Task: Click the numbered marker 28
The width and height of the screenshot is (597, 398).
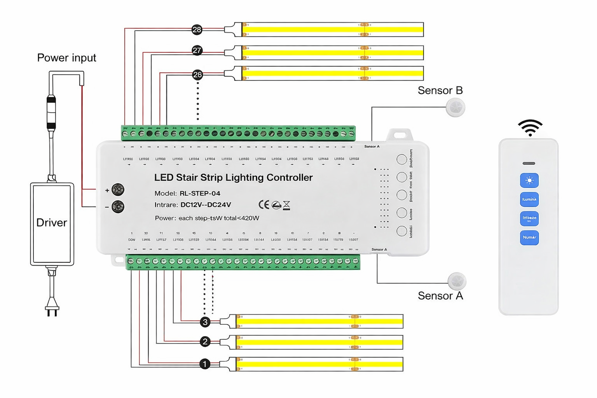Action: (x=197, y=30)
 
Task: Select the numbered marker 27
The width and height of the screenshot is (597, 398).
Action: (x=197, y=51)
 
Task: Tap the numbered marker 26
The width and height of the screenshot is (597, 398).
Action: (x=197, y=75)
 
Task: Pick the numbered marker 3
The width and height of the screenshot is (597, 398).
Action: (x=205, y=322)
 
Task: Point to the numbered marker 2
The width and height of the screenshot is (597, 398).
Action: (x=205, y=342)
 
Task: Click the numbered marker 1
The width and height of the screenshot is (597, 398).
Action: (x=205, y=364)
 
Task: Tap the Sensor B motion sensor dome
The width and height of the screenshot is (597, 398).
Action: (x=455, y=107)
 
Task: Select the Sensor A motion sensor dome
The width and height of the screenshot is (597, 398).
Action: (x=457, y=281)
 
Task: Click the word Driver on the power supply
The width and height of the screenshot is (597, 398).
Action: (x=52, y=223)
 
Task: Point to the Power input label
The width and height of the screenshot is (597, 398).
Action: (x=66, y=58)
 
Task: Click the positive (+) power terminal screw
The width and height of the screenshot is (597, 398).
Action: (x=118, y=190)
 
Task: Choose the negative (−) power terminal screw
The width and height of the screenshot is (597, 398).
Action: (x=118, y=207)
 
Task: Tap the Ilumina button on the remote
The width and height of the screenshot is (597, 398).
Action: (x=529, y=199)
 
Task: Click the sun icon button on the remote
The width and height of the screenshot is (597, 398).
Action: (x=529, y=180)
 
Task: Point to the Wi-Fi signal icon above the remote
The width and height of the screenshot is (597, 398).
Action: (x=530, y=128)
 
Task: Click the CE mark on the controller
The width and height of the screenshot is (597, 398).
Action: (x=264, y=205)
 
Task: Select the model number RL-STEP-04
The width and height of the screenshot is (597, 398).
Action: (x=200, y=194)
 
